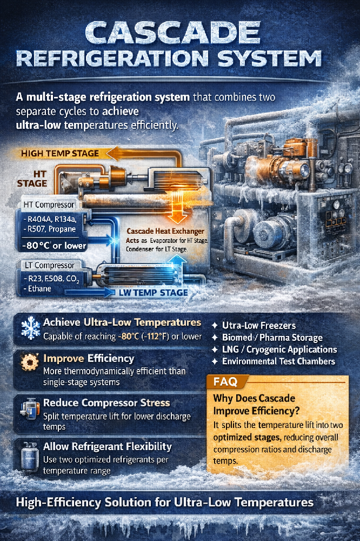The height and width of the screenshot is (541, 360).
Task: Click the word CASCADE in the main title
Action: [x=173, y=33]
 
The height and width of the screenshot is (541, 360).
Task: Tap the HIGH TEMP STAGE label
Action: [x=60, y=154]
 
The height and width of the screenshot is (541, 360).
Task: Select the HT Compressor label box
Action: [x=48, y=204]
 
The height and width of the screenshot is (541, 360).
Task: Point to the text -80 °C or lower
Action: [x=54, y=246]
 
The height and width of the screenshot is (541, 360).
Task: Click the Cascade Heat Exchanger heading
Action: [x=165, y=231]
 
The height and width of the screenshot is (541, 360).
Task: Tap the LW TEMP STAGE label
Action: [x=153, y=293]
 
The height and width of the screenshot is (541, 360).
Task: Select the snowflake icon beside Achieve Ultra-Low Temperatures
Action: [x=31, y=328]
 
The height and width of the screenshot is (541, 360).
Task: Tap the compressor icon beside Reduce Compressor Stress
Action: [x=29, y=410]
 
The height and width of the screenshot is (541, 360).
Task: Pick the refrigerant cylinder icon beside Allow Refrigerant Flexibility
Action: [x=30, y=456]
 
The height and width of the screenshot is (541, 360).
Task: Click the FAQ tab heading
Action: [x=225, y=381]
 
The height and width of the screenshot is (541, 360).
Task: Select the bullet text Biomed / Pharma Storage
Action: [x=272, y=338]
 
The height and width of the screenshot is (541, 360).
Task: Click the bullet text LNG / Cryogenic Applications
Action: [x=279, y=349]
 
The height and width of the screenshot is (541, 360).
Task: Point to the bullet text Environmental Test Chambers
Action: [x=278, y=361]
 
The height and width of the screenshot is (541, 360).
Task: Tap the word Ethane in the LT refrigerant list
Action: [x=39, y=288]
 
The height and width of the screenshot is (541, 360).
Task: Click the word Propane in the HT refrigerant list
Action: [x=62, y=229]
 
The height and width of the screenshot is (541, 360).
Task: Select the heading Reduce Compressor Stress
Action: [x=106, y=403]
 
